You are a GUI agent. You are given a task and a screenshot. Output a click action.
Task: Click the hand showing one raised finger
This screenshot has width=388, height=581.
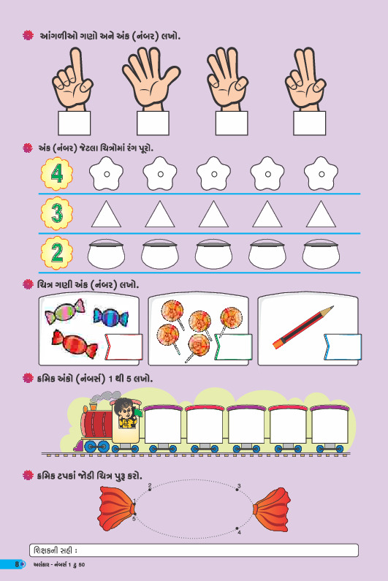pos(73,80)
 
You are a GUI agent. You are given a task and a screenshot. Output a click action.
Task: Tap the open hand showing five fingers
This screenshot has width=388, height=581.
pos(151,79)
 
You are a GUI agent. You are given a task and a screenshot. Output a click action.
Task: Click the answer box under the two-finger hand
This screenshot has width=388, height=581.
pos(309,123)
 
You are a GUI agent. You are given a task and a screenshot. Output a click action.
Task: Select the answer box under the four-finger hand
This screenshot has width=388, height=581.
pos(232,123)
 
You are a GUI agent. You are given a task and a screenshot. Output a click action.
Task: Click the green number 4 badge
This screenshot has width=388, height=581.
pos(57,173)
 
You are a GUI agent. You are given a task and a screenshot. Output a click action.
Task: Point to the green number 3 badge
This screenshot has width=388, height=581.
pos(57,213)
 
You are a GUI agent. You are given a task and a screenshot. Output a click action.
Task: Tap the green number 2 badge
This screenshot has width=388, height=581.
pos(57,253)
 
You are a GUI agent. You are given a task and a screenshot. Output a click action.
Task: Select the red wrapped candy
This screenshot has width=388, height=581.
pos(75,343)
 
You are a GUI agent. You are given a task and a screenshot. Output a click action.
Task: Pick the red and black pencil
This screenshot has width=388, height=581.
pos(303,327)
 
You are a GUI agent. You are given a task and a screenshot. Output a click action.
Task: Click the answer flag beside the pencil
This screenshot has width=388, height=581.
pos(343,347)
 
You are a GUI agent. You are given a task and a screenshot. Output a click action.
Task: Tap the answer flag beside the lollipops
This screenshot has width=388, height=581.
pos(233,347)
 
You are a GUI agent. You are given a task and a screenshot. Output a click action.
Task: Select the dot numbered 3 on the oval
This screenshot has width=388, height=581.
pos(237,490)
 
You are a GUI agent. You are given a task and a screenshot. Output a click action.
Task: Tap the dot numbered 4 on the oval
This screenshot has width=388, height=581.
pos(237,528)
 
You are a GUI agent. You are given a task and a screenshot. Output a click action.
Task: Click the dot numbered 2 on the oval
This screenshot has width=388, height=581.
pos(150,490)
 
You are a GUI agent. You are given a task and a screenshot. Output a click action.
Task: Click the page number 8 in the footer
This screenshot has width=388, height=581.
pos(17,564)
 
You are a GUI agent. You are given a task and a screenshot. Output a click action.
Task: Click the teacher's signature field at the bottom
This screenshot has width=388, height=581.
pos(194,550)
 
